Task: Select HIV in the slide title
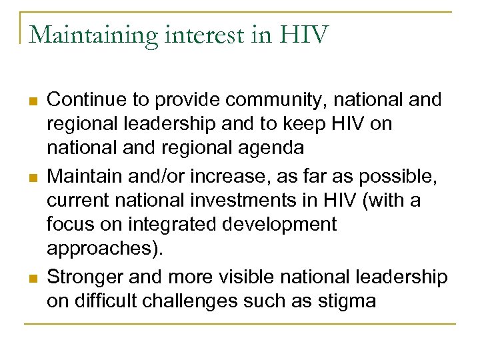tap(306, 35)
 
